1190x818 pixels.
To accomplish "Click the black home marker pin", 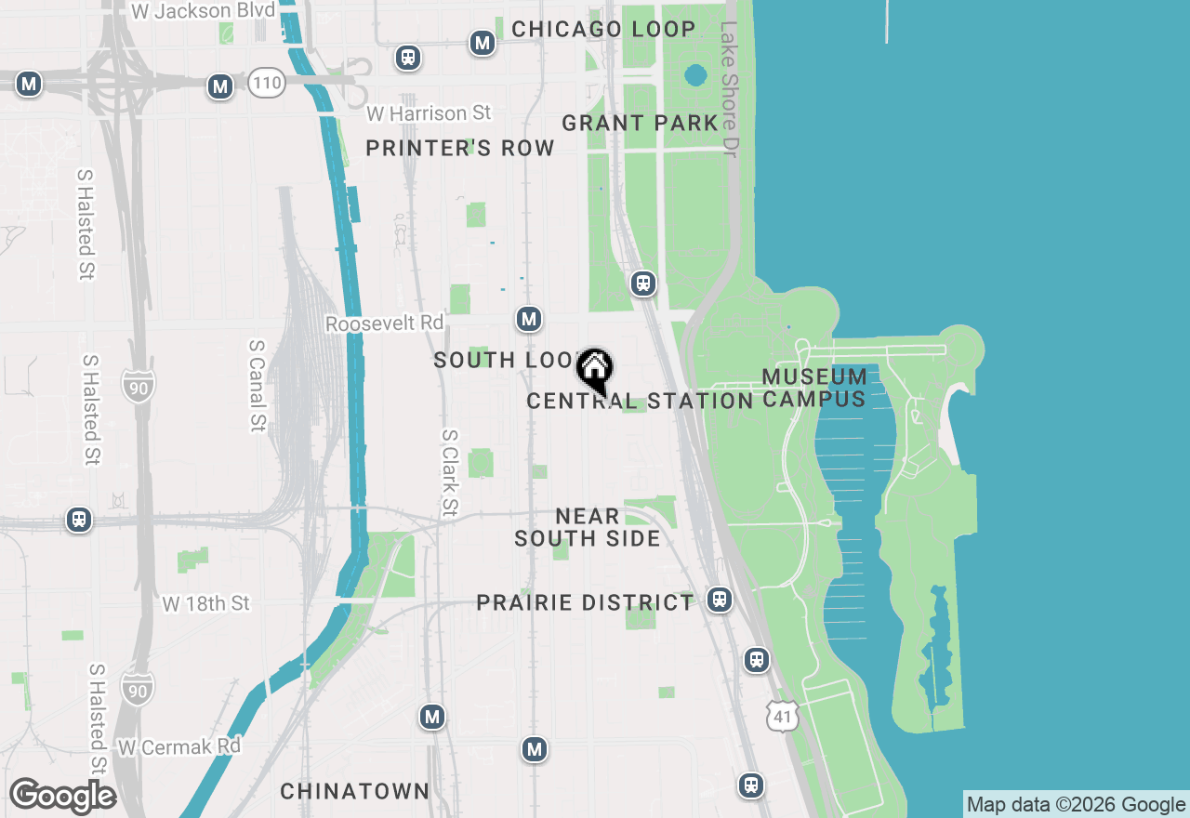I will pos(595,370).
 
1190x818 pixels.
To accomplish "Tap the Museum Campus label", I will pos(814,389).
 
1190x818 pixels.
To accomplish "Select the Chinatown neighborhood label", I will pos(355,791).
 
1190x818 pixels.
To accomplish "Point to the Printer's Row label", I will pos(460,149).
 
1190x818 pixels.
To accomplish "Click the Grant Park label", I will pos(641,123).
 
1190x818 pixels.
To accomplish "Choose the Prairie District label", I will pos(586,603).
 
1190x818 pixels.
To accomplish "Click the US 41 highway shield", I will pos(783,716).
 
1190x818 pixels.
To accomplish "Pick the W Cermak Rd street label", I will pos(179,746).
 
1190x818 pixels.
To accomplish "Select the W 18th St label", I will pos(206,604).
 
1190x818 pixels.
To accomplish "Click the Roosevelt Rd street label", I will pos(385,323).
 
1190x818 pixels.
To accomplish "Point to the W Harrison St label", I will pos(429,113).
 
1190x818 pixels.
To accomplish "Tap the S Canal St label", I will pos(258,385).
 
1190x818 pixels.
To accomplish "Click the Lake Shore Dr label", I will pos(729,89).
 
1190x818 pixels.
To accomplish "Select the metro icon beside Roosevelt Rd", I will pos(529,319).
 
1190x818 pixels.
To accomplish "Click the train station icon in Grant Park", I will pos(643,284).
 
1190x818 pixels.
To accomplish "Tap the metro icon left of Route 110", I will pos(220,86).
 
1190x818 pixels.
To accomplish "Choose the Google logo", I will pos(62,796).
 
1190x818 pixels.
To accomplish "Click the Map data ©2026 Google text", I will pos(1076,805).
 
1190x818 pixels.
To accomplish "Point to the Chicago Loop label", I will pos(603,30).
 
